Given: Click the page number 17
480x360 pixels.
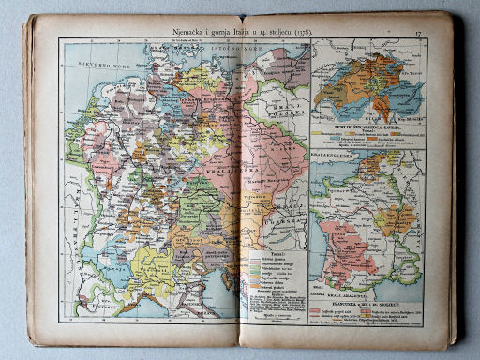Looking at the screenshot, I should click(x=419, y=36).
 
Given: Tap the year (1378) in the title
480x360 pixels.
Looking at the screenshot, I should click(x=299, y=35).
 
